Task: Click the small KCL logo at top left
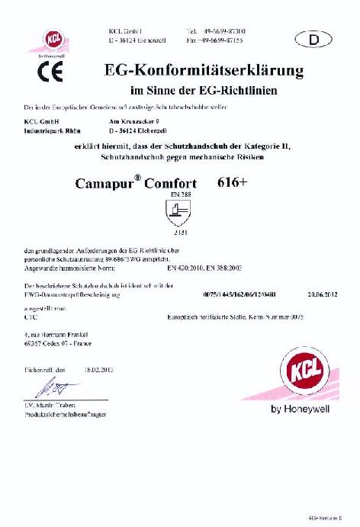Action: pos(55,39)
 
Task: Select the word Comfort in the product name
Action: pos(170,184)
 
